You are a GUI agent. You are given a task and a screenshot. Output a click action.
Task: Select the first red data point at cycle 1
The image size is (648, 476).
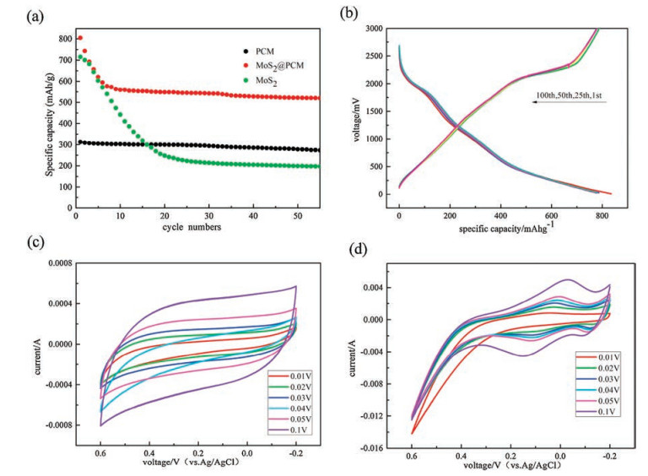79,38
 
